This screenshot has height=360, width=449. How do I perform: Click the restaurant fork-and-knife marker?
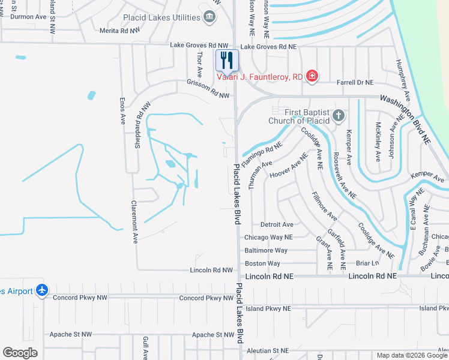click(227, 59)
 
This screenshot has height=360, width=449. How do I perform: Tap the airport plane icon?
click(42, 290)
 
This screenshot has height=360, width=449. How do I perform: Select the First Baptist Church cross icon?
click(338, 115)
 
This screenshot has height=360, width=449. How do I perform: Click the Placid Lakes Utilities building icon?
click(209, 17)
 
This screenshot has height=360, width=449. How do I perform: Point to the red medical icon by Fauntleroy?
click(312, 76)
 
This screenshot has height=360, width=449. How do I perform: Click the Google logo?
click(20, 353)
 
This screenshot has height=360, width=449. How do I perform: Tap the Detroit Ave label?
click(276, 224)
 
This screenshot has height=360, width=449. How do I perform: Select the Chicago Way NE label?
click(268, 237)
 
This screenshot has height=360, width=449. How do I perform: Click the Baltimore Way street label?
click(266, 250)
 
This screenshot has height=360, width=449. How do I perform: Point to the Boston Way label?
click(262, 263)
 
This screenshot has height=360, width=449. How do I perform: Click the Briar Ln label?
click(367, 263)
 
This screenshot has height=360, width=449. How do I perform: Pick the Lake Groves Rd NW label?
click(200, 45)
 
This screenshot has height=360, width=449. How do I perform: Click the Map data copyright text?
click(412, 355)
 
